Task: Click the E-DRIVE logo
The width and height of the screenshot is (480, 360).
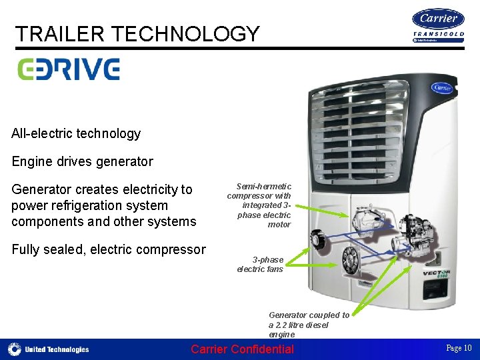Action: tap(68, 69)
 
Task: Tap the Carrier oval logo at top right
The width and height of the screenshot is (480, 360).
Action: tap(438, 19)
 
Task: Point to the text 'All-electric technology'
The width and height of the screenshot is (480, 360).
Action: tap(76, 133)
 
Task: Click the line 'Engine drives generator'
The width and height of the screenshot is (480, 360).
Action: tap(82, 161)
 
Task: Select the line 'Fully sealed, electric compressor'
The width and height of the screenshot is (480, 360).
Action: tap(109, 249)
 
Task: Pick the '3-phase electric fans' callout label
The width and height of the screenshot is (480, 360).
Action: tap(261, 264)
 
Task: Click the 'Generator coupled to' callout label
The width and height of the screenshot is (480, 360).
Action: tap(309, 315)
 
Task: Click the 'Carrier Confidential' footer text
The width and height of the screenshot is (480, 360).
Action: tap(242, 349)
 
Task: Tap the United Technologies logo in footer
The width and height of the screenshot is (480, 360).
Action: tap(48, 349)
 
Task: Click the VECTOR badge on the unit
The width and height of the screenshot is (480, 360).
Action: tap(436, 273)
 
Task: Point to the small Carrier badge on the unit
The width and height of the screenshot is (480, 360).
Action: tap(441, 87)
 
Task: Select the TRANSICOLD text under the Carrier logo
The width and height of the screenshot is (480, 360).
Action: tap(438, 35)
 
